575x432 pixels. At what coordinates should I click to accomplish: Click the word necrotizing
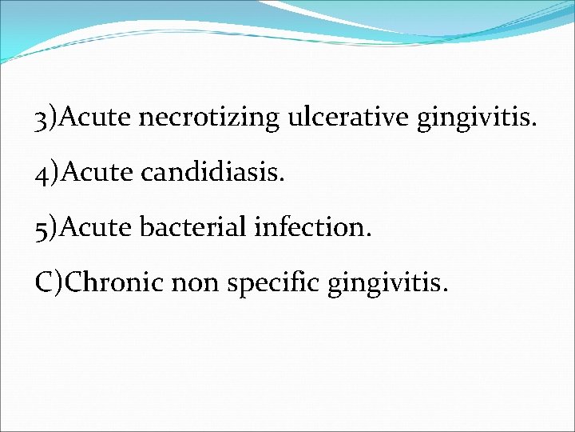point(209,119)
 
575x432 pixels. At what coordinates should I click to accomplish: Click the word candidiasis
point(210,173)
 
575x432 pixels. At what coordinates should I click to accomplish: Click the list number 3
point(41,119)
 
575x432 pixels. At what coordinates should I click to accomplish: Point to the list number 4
point(41,174)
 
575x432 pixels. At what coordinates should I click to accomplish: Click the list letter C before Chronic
point(45,281)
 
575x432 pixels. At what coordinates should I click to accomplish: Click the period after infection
point(368,234)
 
